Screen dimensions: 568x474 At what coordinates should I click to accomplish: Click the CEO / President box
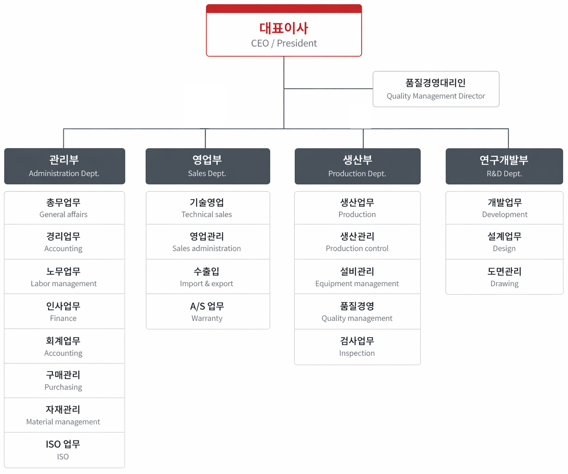pos(284,31)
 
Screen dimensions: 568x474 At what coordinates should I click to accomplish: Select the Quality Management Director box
pos(436,89)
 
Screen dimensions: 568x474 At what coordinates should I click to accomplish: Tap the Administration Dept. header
pos(65,166)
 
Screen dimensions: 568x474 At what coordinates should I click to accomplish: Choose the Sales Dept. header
pos(208,166)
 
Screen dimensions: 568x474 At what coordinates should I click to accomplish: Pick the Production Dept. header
pos(357,166)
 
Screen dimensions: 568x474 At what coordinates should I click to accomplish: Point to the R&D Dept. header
pos(504,166)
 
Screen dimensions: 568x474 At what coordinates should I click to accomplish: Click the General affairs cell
pos(65,208)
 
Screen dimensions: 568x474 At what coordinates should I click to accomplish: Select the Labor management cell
pos(65,277)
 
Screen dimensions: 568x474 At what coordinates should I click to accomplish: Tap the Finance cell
pos(65,311)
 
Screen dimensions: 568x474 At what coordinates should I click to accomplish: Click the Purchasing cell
pos(65,381)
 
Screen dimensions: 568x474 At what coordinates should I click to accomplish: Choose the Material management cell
pos(65,415)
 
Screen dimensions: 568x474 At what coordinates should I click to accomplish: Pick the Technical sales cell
pos(208,208)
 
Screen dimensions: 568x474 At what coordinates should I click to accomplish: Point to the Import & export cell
pos(208,277)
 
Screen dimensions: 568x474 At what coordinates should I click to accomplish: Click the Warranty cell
pos(208,311)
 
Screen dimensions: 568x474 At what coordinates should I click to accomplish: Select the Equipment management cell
pos(357,277)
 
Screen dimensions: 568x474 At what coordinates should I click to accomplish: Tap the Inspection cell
pos(357,347)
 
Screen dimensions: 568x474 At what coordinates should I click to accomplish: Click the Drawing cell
pos(504,277)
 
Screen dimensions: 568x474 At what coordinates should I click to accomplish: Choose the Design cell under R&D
pos(504,242)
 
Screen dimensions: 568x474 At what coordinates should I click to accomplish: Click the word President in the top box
pos(297,43)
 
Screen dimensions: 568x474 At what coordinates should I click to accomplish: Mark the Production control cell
pos(357,242)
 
